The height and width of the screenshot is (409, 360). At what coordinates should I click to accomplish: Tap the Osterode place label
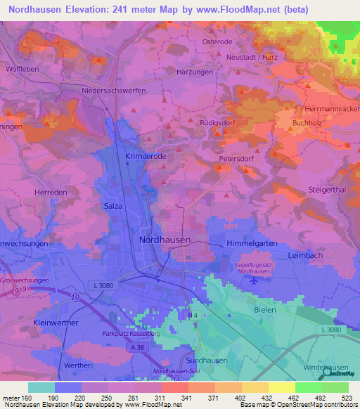click(x=217, y=41)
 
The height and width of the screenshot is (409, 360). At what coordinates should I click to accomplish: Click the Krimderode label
click(x=145, y=155)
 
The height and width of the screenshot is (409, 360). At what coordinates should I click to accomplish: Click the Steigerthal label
click(x=328, y=190)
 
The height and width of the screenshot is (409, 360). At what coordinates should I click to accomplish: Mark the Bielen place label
click(x=266, y=309)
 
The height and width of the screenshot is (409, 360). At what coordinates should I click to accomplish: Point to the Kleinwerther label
click(x=56, y=322)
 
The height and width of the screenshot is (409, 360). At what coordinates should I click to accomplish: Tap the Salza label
click(x=113, y=206)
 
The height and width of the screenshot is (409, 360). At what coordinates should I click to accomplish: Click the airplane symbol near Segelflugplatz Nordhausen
click(x=252, y=280)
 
